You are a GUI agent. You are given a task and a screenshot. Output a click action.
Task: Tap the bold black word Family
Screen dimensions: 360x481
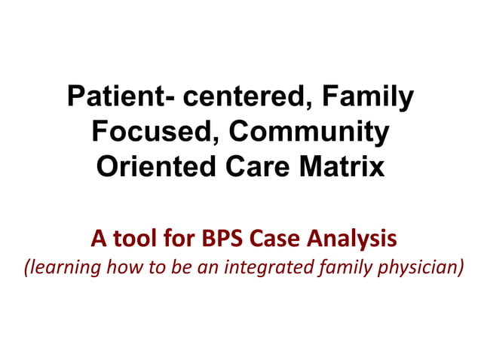372,98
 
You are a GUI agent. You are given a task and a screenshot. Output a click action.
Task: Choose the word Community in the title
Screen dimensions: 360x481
310,132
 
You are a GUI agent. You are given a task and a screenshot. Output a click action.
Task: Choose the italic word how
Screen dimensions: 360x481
118,267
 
